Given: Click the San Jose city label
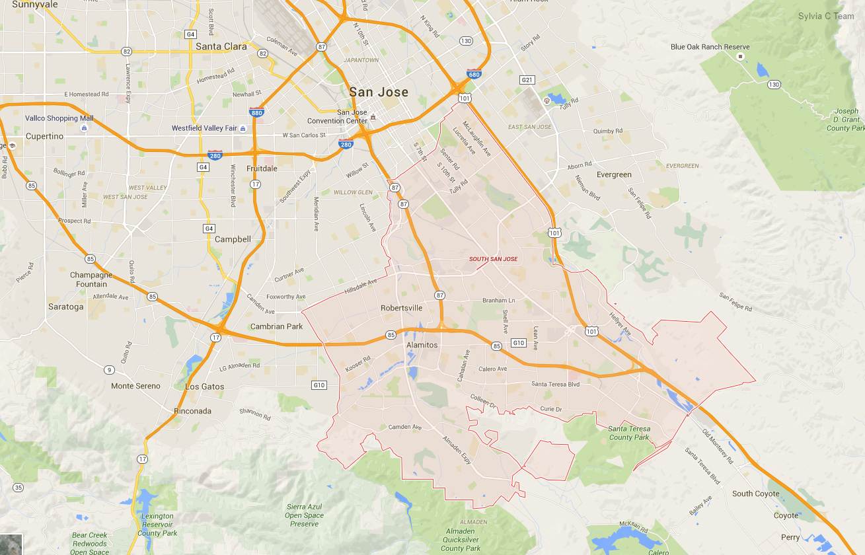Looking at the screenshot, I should (x=379, y=92).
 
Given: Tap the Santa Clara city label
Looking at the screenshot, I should (x=221, y=46).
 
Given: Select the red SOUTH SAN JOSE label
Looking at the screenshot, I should (x=494, y=259).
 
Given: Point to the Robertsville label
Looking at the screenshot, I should (x=401, y=308).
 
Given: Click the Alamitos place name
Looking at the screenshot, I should (x=422, y=345).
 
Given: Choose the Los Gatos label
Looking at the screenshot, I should (x=205, y=387).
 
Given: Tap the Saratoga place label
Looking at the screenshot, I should (x=66, y=307).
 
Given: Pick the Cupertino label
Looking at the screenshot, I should (x=44, y=136).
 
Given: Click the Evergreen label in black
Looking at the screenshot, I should (x=614, y=175).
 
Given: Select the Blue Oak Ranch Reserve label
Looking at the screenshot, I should (x=710, y=47).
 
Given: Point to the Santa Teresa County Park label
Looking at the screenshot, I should (x=629, y=433).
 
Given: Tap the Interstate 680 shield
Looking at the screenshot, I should (x=474, y=75).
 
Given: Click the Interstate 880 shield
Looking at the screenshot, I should (x=258, y=113).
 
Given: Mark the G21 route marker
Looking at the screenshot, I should (x=527, y=80).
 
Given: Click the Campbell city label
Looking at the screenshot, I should (x=233, y=239).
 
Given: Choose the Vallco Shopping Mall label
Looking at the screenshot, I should (x=59, y=118).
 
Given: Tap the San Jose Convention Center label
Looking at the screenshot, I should (x=337, y=116).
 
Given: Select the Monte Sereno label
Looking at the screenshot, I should (x=135, y=386).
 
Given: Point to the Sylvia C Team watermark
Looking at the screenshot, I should (x=826, y=16).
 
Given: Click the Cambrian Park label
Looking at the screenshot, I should (x=276, y=326).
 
